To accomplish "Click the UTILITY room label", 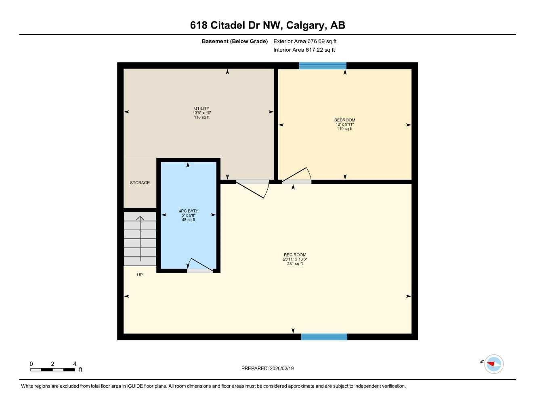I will (201, 108).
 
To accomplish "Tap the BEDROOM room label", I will (344, 120).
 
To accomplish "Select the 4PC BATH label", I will (189, 211).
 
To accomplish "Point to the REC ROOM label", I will (295, 255).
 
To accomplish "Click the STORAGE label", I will (140, 183).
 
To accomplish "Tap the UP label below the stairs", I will (140, 275).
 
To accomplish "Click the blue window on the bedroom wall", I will (323, 66).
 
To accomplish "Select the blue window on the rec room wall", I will (324, 337).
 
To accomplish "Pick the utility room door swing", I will (252, 189).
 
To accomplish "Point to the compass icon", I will (493, 364).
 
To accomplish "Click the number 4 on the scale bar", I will (75, 364).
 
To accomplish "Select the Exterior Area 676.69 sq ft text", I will (305, 41).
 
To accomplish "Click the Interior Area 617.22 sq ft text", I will (304, 50).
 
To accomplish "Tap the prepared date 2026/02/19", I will (281, 368).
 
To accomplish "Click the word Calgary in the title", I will (306, 25).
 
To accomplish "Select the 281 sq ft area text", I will (295, 264).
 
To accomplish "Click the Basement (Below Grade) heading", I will (235, 41).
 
